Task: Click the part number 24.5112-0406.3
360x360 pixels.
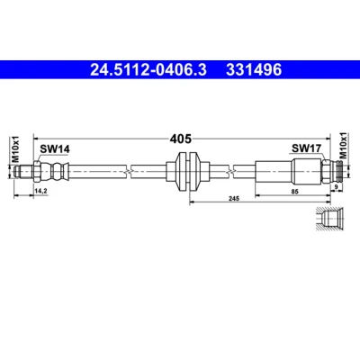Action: click(x=148, y=70)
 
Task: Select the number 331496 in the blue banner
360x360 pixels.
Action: click(x=254, y=70)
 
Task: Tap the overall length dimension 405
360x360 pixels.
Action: click(x=180, y=139)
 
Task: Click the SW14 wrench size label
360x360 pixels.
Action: click(x=55, y=149)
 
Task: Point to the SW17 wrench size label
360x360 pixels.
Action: click(x=307, y=148)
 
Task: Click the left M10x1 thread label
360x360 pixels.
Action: click(x=15, y=148)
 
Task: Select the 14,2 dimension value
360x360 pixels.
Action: click(x=41, y=191)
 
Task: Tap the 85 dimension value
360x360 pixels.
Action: click(x=295, y=192)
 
